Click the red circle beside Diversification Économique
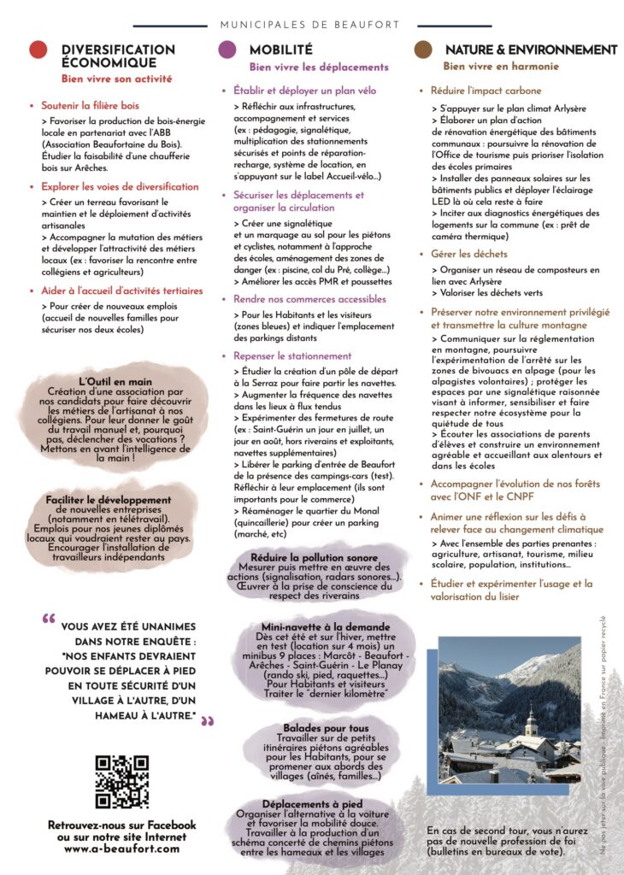(x=38, y=50)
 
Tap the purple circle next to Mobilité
(x=227, y=50)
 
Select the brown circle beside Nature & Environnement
(x=422, y=50)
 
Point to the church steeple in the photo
(x=531, y=722)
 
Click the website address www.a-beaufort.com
(x=122, y=849)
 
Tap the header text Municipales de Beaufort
(x=312, y=26)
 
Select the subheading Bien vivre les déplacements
(x=319, y=67)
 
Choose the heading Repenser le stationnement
(x=292, y=355)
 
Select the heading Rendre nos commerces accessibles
(x=309, y=299)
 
